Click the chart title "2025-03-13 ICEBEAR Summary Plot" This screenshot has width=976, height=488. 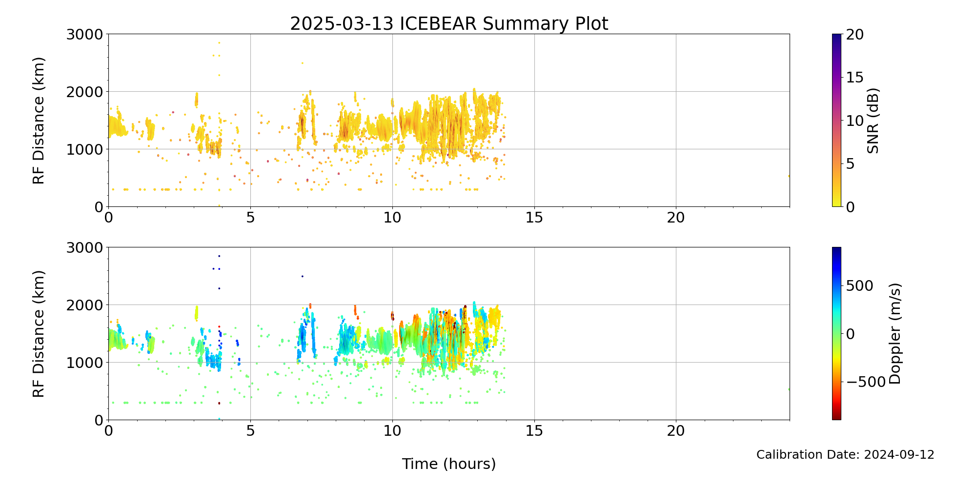[x=449, y=23]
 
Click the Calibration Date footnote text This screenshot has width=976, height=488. [x=845, y=455]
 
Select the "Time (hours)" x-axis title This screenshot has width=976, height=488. [x=449, y=464]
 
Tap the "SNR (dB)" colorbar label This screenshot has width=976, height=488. [x=873, y=121]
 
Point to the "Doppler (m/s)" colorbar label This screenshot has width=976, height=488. [x=895, y=333]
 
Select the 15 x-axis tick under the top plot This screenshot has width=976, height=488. [x=534, y=218]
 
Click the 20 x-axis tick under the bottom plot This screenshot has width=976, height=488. [x=676, y=431]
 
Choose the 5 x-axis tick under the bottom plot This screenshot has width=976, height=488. [x=250, y=431]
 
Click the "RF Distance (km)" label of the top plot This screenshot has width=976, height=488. [x=39, y=121]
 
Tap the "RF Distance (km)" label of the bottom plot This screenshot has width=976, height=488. [x=39, y=334]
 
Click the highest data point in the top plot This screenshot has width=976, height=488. [x=219, y=42]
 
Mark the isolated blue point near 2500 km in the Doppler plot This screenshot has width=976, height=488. [x=302, y=276]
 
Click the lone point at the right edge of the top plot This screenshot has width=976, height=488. [x=789, y=176]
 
